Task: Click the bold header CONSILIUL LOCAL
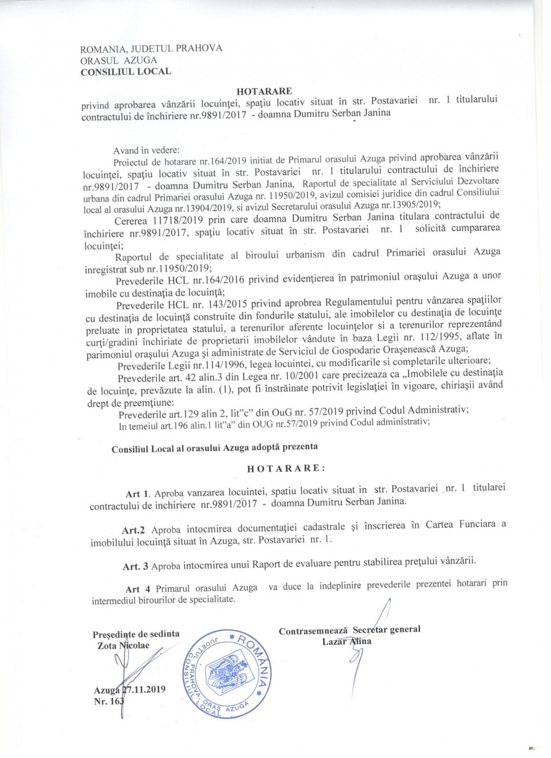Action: pos(126,71)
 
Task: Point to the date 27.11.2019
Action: pos(143,689)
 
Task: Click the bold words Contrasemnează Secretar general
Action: pos(350,630)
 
